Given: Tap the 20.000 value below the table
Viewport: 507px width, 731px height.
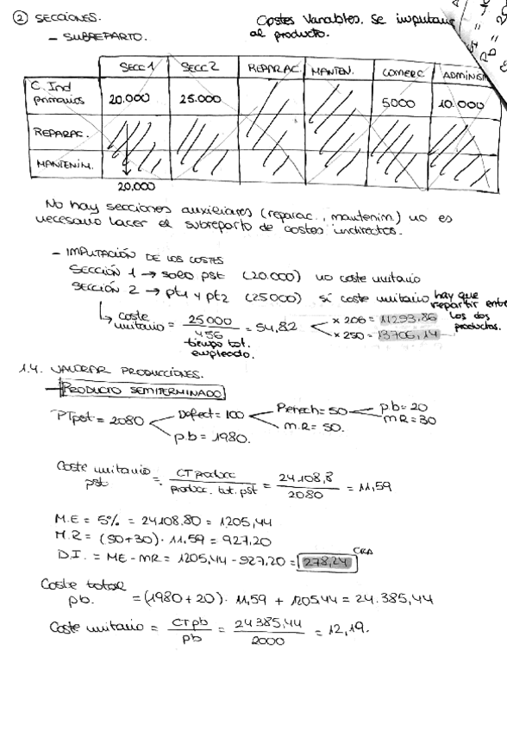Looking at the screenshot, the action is (x=136, y=185).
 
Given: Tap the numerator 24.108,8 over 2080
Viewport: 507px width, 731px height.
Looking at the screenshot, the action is (x=302, y=478).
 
